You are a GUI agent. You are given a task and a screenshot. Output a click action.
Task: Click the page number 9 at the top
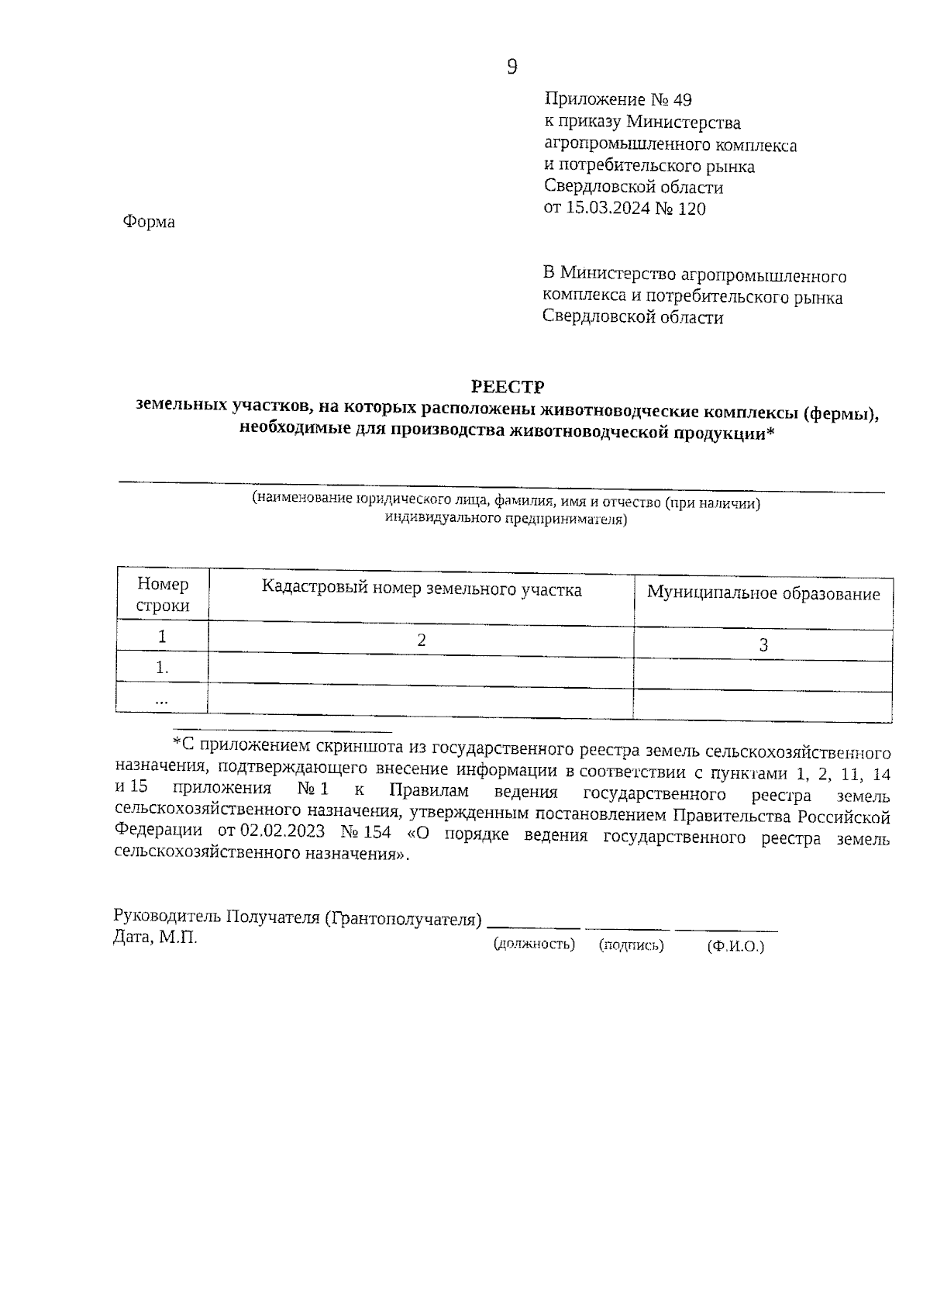click(511, 67)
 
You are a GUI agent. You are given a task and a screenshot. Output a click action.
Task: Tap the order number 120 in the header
click(691, 208)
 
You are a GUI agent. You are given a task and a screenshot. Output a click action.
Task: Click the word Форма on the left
click(149, 222)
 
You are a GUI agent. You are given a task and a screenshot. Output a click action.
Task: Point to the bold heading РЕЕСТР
click(508, 386)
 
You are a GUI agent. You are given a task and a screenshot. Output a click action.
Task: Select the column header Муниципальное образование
click(763, 594)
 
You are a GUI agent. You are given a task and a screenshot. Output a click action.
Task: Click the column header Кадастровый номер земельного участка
click(422, 589)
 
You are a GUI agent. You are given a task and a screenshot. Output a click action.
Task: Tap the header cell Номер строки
click(163, 595)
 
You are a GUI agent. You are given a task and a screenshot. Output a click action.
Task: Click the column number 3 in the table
click(763, 645)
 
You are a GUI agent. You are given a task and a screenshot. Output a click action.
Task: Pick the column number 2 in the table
click(422, 640)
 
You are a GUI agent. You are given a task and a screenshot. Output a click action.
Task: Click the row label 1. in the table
click(162, 668)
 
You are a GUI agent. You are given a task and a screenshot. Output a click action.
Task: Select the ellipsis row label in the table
click(162, 699)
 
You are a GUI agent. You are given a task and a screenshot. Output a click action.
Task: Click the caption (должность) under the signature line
click(534, 944)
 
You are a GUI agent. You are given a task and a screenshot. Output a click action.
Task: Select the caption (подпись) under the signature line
click(632, 945)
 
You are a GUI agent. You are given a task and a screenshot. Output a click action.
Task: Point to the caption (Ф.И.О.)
click(735, 946)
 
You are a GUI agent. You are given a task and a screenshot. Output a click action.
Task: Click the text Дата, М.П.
click(155, 938)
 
